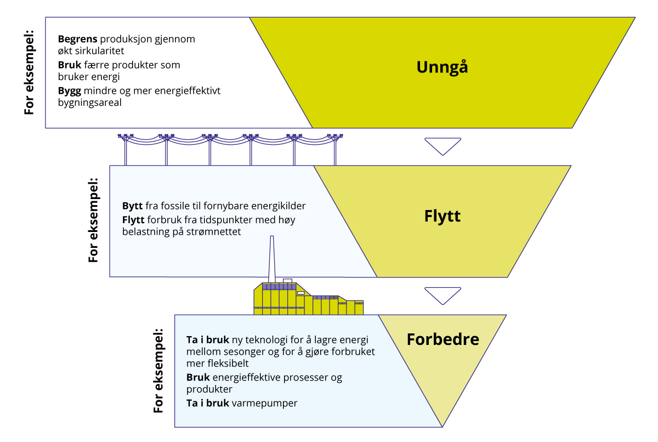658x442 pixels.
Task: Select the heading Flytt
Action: (442, 216)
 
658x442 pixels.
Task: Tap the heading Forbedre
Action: (443, 339)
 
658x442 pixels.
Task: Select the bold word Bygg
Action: (69, 90)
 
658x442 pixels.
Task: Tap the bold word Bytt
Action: (132, 206)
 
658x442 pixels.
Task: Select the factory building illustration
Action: (307, 300)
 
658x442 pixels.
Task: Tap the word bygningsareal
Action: (89, 102)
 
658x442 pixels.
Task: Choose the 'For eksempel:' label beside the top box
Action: (29, 72)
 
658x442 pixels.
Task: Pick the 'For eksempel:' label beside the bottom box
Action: (158, 371)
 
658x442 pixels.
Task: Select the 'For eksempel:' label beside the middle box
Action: (94, 220)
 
